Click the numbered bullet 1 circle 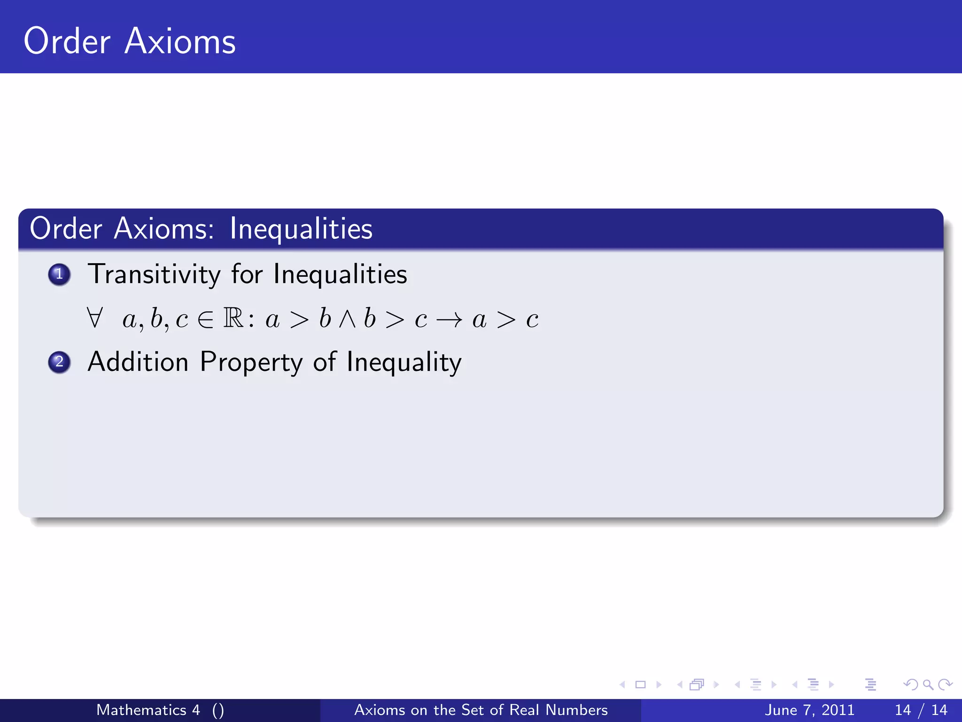(59, 274)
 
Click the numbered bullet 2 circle (59, 362)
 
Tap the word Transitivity (154, 274)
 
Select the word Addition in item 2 (138, 362)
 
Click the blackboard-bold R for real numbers (233, 318)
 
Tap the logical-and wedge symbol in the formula (348, 319)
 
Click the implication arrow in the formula (449, 320)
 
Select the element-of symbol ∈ (206, 320)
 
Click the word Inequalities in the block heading (301, 229)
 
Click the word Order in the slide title (67, 41)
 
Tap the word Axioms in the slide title (180, 41)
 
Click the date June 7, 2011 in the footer (809, 710)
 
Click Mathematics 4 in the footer (148, 710)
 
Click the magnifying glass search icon (928, 684)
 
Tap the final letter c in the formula (532, 320)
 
